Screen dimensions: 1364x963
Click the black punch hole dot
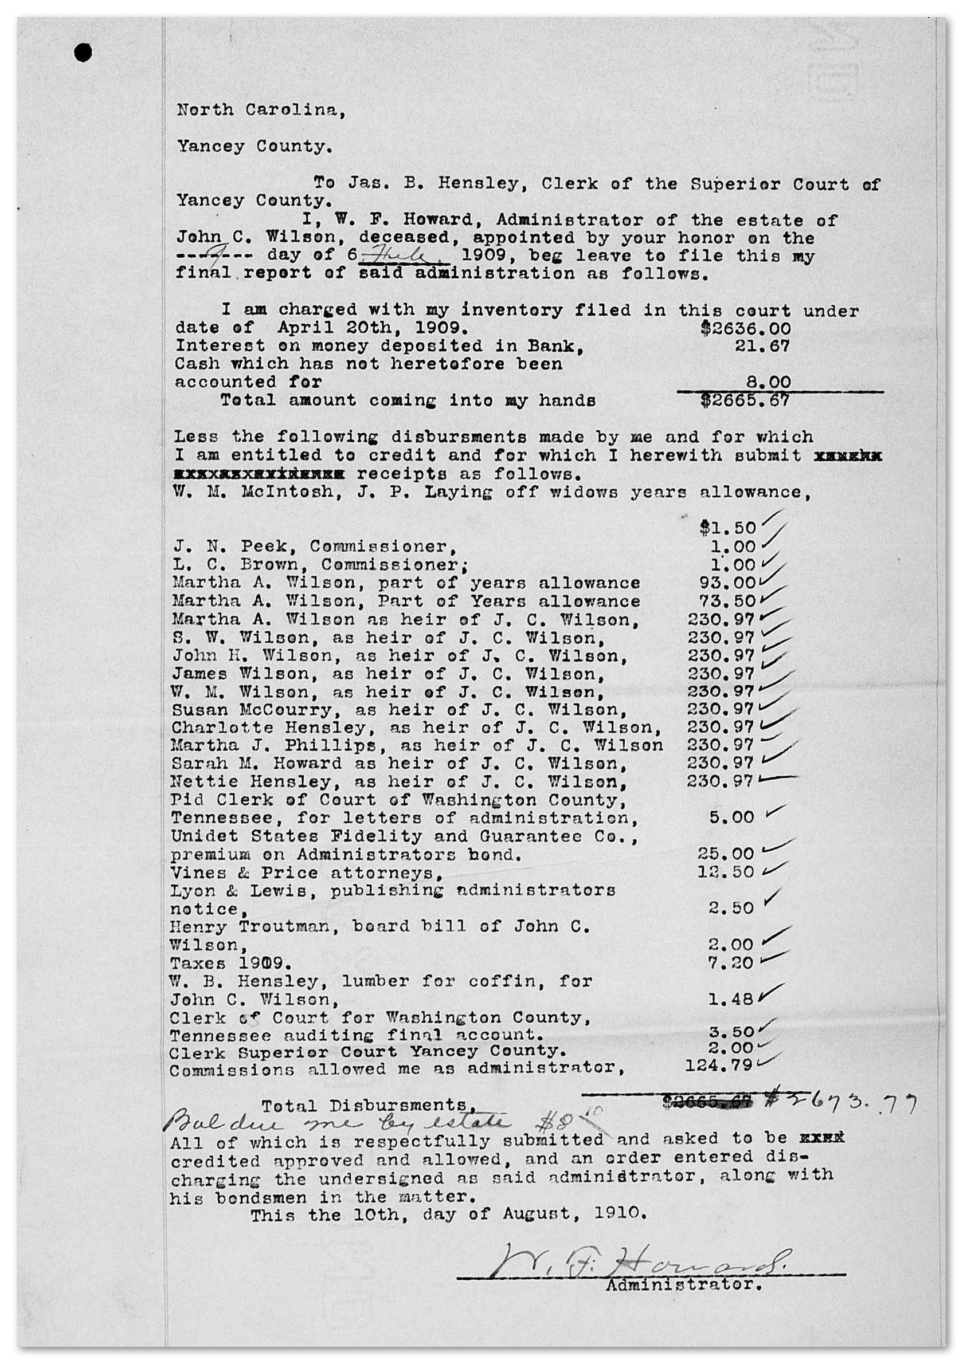click(83, 53)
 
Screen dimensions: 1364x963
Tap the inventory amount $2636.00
click(746, 328)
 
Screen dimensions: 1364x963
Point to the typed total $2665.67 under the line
click(745, 400)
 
